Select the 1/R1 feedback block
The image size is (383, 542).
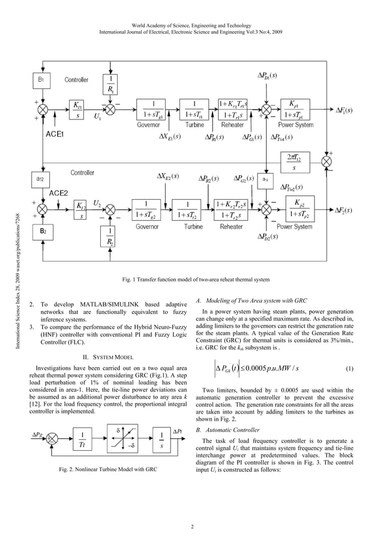pos(110,85)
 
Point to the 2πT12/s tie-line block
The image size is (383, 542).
pos(294,162)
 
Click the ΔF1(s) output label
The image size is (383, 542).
pos(343,110)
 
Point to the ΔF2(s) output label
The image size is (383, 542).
pos(343,211)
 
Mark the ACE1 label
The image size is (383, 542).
pos(55,134)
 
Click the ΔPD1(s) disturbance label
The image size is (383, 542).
pos(264,76)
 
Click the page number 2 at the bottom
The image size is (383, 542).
pos(191,528)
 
